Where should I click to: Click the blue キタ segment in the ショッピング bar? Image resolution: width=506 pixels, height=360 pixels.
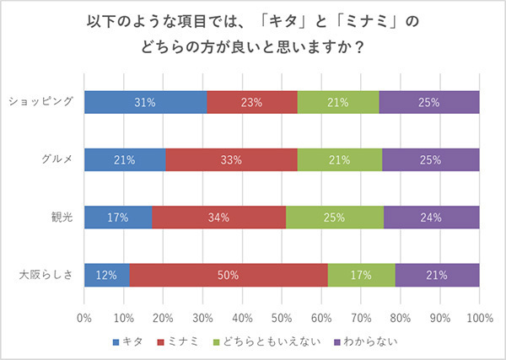[x=145, y=102]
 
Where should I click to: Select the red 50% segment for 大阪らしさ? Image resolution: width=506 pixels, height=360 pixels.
[x=229, y=274]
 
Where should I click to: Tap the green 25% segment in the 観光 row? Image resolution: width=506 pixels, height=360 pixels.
[x=335, y=217]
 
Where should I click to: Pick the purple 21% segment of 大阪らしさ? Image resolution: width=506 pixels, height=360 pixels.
[x=437, y=274]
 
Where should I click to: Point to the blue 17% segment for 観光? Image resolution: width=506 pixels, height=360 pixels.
[x=118, y=217]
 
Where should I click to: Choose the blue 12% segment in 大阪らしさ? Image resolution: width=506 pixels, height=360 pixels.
[x=107, y=274]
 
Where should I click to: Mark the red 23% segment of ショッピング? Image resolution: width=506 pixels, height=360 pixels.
[x=252, y=102]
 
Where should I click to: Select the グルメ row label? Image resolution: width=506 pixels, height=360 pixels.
[x=57, y=159]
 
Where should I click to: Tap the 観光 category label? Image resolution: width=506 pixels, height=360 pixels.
[x=62, y=217]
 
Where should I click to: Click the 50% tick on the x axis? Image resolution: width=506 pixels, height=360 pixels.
[x=282, y=319]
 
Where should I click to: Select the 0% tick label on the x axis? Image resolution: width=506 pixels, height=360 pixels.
[x=84, y=319]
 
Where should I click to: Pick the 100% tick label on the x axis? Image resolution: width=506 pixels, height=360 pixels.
[x=479, y=319]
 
